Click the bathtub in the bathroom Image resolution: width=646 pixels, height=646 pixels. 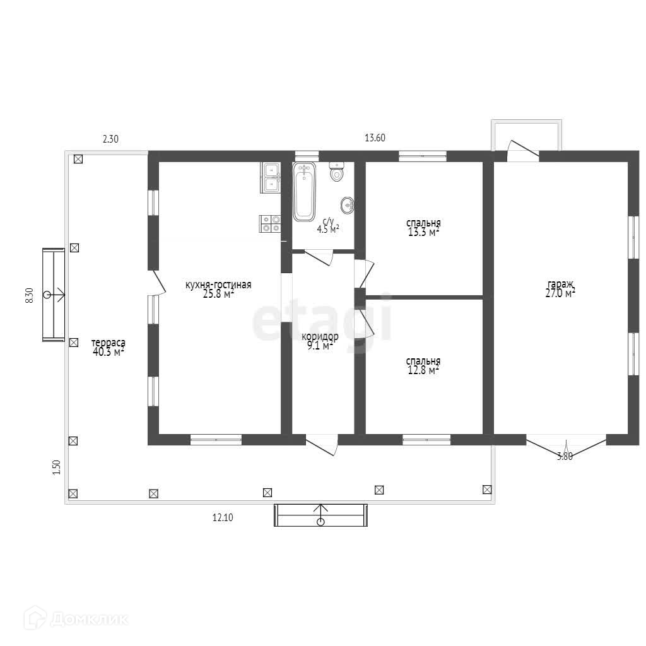(304, 192)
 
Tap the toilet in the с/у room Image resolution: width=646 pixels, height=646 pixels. (337, 172)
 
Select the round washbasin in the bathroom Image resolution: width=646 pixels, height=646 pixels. (348, 205)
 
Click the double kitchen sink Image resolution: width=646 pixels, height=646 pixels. (270, 177)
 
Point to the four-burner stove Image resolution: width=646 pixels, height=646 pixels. (270, 224)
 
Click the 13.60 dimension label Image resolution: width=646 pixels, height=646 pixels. (375, 138)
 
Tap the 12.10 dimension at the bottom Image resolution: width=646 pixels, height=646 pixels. (223, 517)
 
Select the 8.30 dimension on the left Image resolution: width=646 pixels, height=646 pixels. (29, 296)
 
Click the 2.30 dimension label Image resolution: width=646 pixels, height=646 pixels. (110, 139)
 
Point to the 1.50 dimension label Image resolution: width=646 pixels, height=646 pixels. (56, 467)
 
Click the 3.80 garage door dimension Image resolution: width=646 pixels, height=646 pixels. (565, 457)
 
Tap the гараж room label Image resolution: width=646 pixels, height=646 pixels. (560, 284)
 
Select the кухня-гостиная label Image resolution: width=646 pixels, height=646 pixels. (218, 285)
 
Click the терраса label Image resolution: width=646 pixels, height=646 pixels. (109, 343)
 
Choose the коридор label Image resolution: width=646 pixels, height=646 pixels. (320, 337)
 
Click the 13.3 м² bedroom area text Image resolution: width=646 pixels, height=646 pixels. (423, 232)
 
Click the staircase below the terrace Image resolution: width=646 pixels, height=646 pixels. (320, 515)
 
